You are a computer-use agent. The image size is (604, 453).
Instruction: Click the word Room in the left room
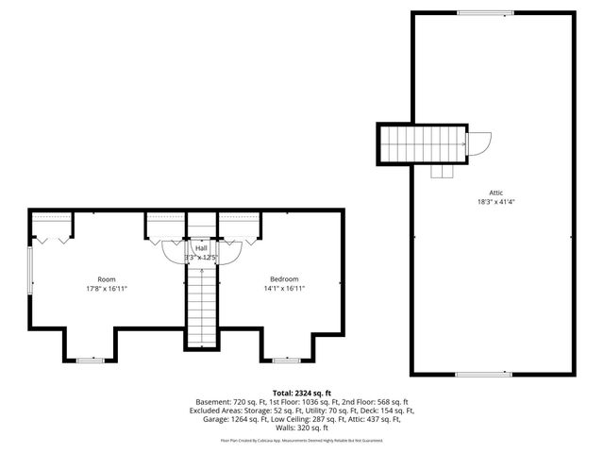[106, 279]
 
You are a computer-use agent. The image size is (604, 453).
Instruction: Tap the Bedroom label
[284, 279]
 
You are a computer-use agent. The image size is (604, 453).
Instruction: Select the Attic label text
[495, 191]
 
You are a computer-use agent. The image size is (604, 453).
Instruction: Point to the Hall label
[201, 247]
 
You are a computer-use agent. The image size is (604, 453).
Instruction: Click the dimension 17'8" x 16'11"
[106, 289]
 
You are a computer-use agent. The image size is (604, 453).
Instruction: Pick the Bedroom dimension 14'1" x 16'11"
[284, 289]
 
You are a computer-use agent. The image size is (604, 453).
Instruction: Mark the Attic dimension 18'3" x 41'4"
[495, 201]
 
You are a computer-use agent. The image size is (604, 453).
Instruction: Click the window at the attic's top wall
[486, 12]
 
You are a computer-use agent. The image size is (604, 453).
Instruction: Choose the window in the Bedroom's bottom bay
[284, 360]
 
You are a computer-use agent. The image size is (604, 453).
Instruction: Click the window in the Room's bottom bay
[90, 360]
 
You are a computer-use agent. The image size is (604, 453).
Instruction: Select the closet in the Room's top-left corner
[52, 226]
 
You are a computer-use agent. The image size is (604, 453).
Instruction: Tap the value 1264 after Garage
[236, 418]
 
